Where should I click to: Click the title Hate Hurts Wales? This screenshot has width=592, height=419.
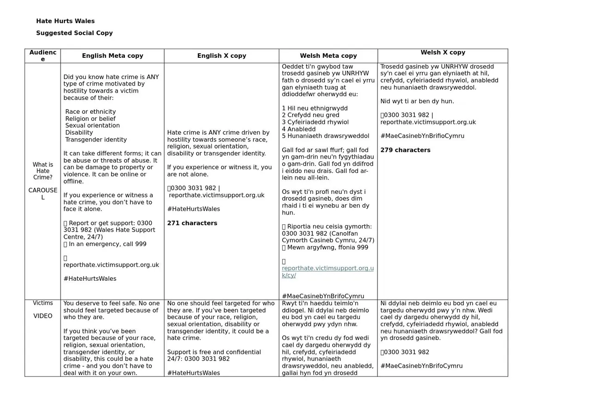[65, 21]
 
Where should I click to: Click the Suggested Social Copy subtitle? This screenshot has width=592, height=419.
[74, 33]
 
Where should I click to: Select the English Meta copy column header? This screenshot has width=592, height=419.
[112, 56]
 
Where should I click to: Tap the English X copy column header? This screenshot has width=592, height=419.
[222, 56]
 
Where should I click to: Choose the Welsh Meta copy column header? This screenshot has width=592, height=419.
[328, 56]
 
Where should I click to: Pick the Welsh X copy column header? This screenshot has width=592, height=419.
[443, 53]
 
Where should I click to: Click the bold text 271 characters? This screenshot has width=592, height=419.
[192, 223]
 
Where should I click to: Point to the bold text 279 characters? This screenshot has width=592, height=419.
[405, 150]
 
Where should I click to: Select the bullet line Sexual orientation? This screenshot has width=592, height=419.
[92, 126]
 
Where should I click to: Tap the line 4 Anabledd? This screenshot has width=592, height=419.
[299, 129]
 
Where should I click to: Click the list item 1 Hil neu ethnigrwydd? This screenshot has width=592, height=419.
[314, 109]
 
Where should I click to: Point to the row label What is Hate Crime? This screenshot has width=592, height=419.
[43, 171]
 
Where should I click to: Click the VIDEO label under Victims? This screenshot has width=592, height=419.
[43, 316]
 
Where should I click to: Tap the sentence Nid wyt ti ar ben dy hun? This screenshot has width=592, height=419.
[417, 101]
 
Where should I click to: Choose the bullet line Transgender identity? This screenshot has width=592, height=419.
[96, 140]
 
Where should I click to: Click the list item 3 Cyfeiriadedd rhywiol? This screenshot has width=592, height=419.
[315, 123]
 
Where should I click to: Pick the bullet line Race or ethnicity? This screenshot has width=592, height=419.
[91, 112]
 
